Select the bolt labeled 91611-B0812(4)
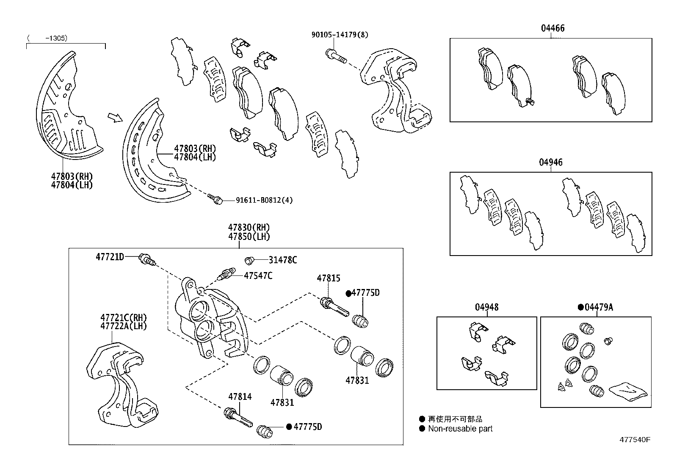[x=215, y=198]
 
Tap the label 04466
[x=552, y=28]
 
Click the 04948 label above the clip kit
[x=486, y=307]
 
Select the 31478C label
[x=282, y=260]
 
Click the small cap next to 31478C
[x=249, y=259]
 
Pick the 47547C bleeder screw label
[x=257, y=276]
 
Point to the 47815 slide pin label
[x=328, y=278]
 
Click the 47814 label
[x=240, y=396]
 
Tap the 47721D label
[x=110, y=256]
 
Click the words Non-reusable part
[x=460, y=429]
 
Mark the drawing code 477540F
[x=635, y=439]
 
